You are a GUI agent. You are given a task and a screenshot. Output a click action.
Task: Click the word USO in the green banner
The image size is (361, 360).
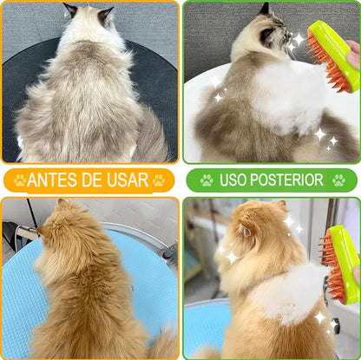[235, 180]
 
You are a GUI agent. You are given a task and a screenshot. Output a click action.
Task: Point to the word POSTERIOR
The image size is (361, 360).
[290, 180]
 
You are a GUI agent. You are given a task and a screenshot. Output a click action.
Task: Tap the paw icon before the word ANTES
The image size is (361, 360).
[19, 180]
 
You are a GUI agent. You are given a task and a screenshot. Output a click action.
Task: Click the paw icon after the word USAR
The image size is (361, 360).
[159, 180]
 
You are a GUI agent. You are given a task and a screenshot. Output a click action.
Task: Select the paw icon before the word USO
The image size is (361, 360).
[207, 180]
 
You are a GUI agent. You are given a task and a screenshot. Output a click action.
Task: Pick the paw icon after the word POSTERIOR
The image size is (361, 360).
[338, 180]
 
